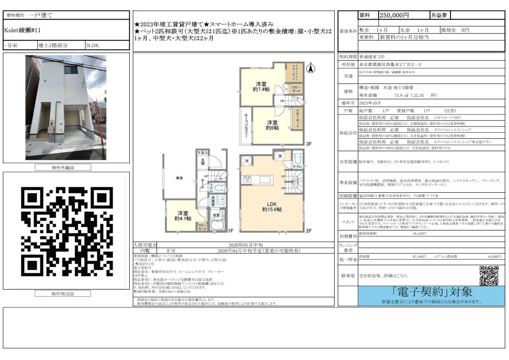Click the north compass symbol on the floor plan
tap(311, 68)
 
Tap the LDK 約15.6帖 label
tap(272, 205)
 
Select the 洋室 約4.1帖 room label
tap(183, 216)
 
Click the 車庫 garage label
tap(179, 178)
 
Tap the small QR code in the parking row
tap(489, 275)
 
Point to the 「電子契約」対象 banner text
tap(431, 292)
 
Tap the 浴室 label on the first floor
tap(216, 215)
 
